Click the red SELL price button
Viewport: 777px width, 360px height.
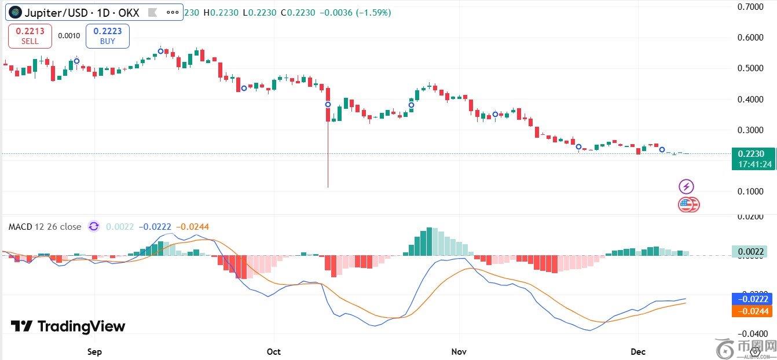30,36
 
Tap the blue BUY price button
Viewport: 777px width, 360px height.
108,36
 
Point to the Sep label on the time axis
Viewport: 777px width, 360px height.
94,351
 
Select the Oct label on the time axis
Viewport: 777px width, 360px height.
274,351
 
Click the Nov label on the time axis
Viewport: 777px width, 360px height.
459,351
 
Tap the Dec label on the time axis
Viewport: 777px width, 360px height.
638,351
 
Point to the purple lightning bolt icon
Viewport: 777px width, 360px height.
686,186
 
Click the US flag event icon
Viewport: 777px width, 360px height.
687,204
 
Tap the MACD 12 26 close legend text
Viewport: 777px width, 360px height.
45,227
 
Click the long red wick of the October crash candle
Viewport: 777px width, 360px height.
328,156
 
